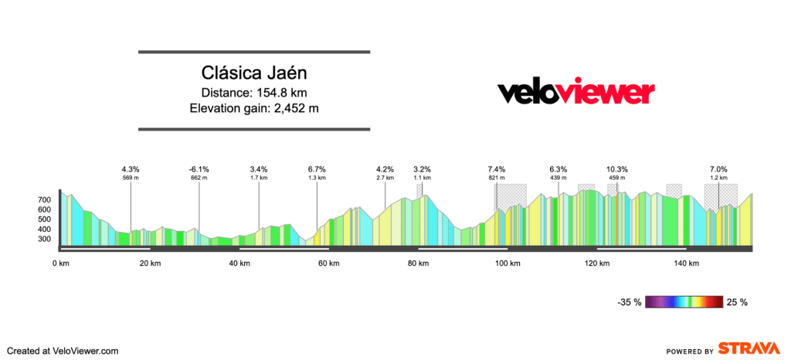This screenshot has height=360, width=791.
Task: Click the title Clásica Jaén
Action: tap(254, 73)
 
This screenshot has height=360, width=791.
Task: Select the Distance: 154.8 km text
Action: tap(254, 93)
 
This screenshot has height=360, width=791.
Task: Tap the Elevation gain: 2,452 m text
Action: tap(254, 108)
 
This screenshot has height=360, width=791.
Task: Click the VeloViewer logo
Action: tap(575, 93)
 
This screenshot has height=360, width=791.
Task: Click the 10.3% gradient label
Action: tap(616, 169)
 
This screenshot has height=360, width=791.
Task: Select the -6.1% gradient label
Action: tap(199, 169)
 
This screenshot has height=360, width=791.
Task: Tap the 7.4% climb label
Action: tap(497, 169)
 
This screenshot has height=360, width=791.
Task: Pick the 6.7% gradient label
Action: tap(317, 169)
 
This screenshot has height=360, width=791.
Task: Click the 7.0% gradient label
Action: tap(718, 169)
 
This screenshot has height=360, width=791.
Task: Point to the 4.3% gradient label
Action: tap(131, 169)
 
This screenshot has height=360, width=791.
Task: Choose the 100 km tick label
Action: tap(508, 264)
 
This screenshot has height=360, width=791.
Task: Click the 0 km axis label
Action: tap(60, 264)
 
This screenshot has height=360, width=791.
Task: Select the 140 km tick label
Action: tap(687, 264)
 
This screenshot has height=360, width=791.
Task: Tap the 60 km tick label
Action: tap(329, 264)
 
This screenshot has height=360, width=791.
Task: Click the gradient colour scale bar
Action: tap(684, 302)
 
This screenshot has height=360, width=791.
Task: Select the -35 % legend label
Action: tap(628, 302)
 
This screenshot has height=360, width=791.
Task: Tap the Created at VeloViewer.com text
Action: tap(63, 351)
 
